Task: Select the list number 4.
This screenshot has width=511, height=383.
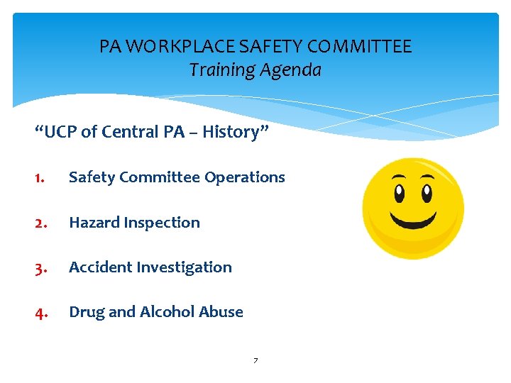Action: click(41, 312)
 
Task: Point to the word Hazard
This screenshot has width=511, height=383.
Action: click(94, 223)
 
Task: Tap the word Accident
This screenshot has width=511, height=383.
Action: click(99, 267)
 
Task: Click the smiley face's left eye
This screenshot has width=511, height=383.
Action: click(400, 192)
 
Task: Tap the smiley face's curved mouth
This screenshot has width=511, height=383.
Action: click(413, 219)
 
